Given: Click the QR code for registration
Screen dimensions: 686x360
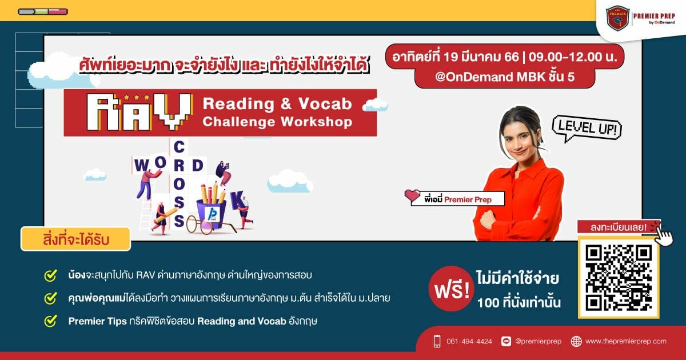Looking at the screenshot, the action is tap(619, 278).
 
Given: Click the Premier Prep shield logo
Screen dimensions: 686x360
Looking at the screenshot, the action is tap(617, 18).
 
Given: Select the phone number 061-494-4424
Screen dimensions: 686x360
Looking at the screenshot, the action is tap(469, 341).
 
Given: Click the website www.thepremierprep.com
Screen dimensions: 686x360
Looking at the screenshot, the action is tap(625, 341).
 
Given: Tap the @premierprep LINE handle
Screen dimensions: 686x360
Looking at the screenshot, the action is tap(538, 341).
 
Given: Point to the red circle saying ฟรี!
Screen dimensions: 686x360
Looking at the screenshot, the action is tap(452, 289).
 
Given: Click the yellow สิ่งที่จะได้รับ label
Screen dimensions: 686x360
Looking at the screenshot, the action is tap(75, 239).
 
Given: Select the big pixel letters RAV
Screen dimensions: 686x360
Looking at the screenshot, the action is tap(139, 112).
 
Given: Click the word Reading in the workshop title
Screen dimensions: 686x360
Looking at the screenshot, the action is tap(238, 104).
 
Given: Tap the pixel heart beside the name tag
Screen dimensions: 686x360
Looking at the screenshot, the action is tap(412, 196).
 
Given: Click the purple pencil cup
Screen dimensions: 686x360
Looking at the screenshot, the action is tap(212, 213).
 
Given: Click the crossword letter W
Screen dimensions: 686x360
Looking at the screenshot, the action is tap(141, 166).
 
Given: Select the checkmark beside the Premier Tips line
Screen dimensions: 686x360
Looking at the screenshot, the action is tap(50, 321).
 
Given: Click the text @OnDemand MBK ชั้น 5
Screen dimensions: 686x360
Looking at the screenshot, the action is tap(505, 77).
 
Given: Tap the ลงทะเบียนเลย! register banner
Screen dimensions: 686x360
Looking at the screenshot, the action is tap(619, 227).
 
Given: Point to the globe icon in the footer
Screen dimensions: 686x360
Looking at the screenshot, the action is tap(576, 341).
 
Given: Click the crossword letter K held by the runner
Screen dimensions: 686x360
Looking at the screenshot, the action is tap(238, 200).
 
